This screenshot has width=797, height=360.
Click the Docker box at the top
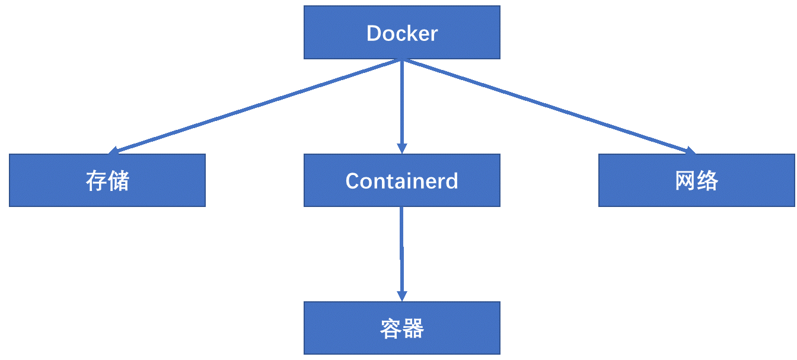401,33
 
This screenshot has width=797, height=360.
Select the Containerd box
401,180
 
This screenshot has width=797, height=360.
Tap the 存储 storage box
107,180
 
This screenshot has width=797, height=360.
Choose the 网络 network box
696,180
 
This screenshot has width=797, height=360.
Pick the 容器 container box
401,328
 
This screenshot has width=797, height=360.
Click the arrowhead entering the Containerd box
401,148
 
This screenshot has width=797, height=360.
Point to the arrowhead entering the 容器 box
402,295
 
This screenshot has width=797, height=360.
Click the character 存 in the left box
96,180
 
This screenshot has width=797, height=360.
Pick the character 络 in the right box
707,180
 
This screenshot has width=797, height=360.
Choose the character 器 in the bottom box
413,328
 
